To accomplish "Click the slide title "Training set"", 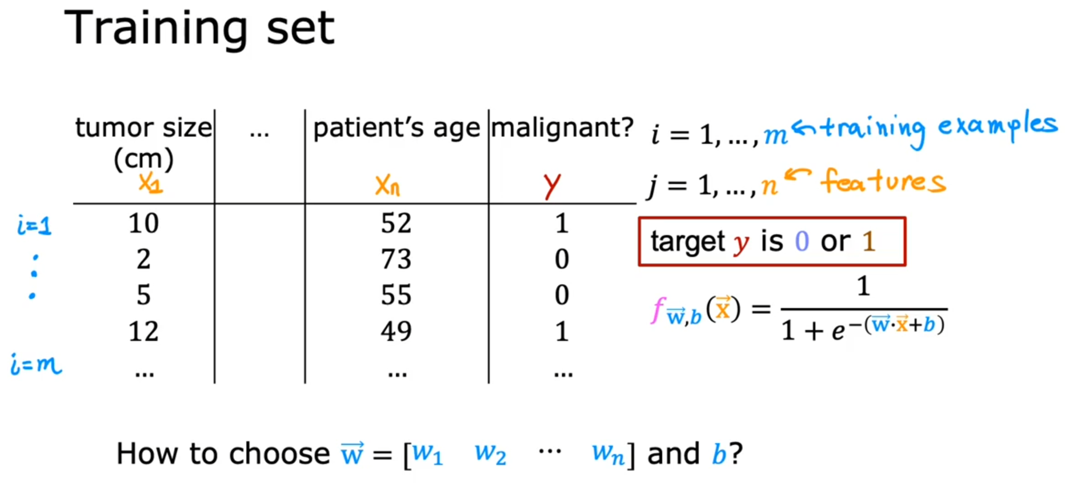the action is tap(199, 29).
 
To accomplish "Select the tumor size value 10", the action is tap(143, 223).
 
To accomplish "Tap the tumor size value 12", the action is tap(143, 332).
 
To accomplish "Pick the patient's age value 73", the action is tap(396, 259).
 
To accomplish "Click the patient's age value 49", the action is tap(396, 332).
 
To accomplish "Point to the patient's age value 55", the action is tap(396, 295).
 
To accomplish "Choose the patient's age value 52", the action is tap(396, 223).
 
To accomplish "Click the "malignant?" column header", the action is tap(562, 128).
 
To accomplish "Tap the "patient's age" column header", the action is tap(397, 128).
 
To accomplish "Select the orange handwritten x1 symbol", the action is tap(150, 183).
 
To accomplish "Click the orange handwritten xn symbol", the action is tap(387, 185).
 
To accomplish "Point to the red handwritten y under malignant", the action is tap(552, 186).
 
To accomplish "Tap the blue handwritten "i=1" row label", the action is tap(34, 226).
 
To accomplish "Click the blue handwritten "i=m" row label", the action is tap(36, 364).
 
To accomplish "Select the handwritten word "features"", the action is tap(883, 181).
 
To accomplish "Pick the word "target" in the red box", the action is tap(688, 242).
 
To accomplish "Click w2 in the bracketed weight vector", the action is tap(490, 455).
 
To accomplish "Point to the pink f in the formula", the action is tap(658, 310).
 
